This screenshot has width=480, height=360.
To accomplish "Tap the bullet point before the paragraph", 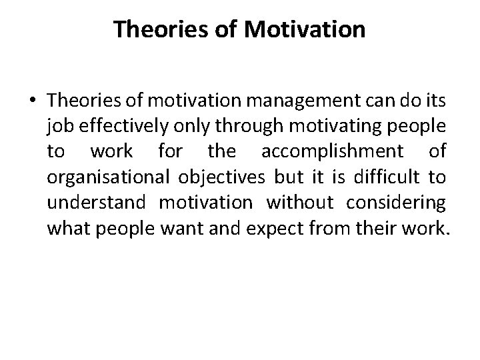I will point(33,101).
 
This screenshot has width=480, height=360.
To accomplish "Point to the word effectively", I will point(118,125).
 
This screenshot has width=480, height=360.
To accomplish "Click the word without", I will point(303,203).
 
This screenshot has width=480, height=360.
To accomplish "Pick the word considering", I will point(399,203).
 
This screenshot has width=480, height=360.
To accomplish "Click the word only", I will point(184,125).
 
